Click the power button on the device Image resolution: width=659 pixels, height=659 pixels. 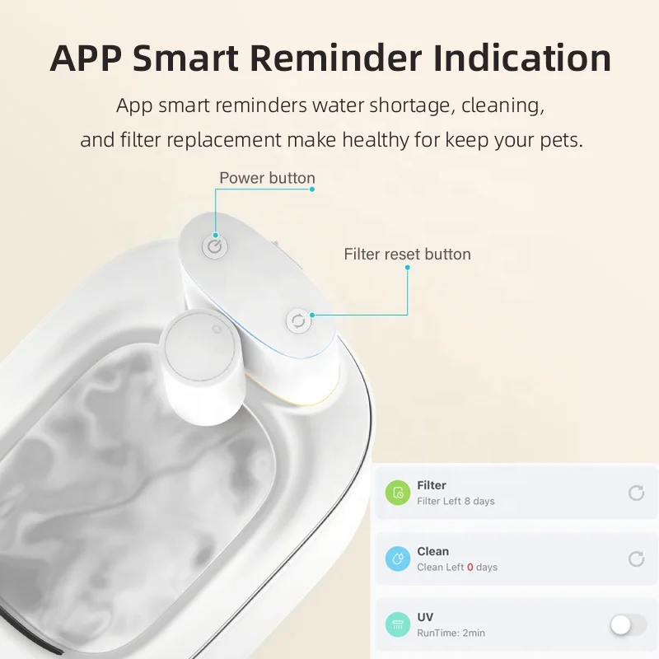(215, 246)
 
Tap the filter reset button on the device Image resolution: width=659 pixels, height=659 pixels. (298, 320)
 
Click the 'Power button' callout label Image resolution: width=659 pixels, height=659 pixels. (267, 178)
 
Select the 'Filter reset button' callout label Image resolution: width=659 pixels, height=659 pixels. (407, 254)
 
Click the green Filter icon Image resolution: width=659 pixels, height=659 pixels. (397, 493)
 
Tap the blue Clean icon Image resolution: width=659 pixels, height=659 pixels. (397, 559)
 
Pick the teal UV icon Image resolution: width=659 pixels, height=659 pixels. (397, 625)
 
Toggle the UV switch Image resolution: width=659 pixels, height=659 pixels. (629, 625)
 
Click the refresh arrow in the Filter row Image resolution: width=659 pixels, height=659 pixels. (636, 493)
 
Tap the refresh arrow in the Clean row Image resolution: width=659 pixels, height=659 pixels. (636, 559)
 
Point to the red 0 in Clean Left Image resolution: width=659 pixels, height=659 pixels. (470, 568)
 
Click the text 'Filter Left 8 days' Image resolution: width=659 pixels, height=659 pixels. (456, 501)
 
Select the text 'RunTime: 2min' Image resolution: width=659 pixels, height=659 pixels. (451, 633)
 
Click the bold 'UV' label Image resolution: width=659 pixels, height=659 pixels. (425, 617)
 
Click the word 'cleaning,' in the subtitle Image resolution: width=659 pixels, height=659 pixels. (502, 106)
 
